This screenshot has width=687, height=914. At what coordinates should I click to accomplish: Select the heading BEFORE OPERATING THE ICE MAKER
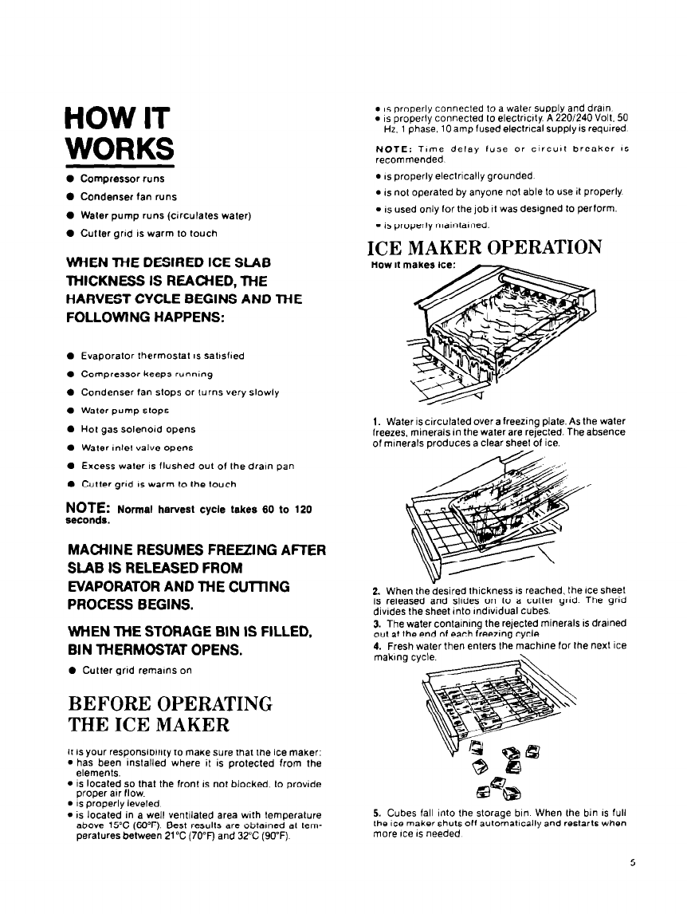pos(171,715)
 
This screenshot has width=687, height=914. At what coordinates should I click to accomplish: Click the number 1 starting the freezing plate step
pos(374,421)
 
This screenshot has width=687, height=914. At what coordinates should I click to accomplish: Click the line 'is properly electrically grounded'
pos(457,175)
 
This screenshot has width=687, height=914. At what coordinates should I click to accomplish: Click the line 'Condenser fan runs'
pos(128,197)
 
